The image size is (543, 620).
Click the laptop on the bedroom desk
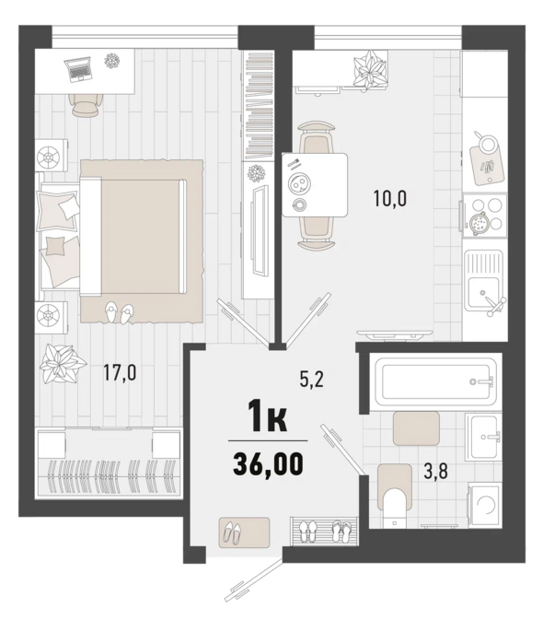point(79,69)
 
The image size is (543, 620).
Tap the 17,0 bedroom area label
point(120,373)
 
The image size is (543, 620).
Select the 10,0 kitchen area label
point(390,198)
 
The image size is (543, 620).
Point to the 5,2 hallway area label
point(311,380)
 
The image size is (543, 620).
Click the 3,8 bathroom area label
point(435,472)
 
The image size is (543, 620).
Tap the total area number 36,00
point(268,463)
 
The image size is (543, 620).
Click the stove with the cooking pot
point(485,215)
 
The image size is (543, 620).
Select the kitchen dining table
point(315,185)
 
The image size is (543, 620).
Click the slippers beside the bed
point(120,312)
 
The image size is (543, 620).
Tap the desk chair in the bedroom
point(85,105)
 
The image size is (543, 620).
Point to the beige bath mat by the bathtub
point(416,428)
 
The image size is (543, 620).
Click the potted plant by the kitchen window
point(369,68)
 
